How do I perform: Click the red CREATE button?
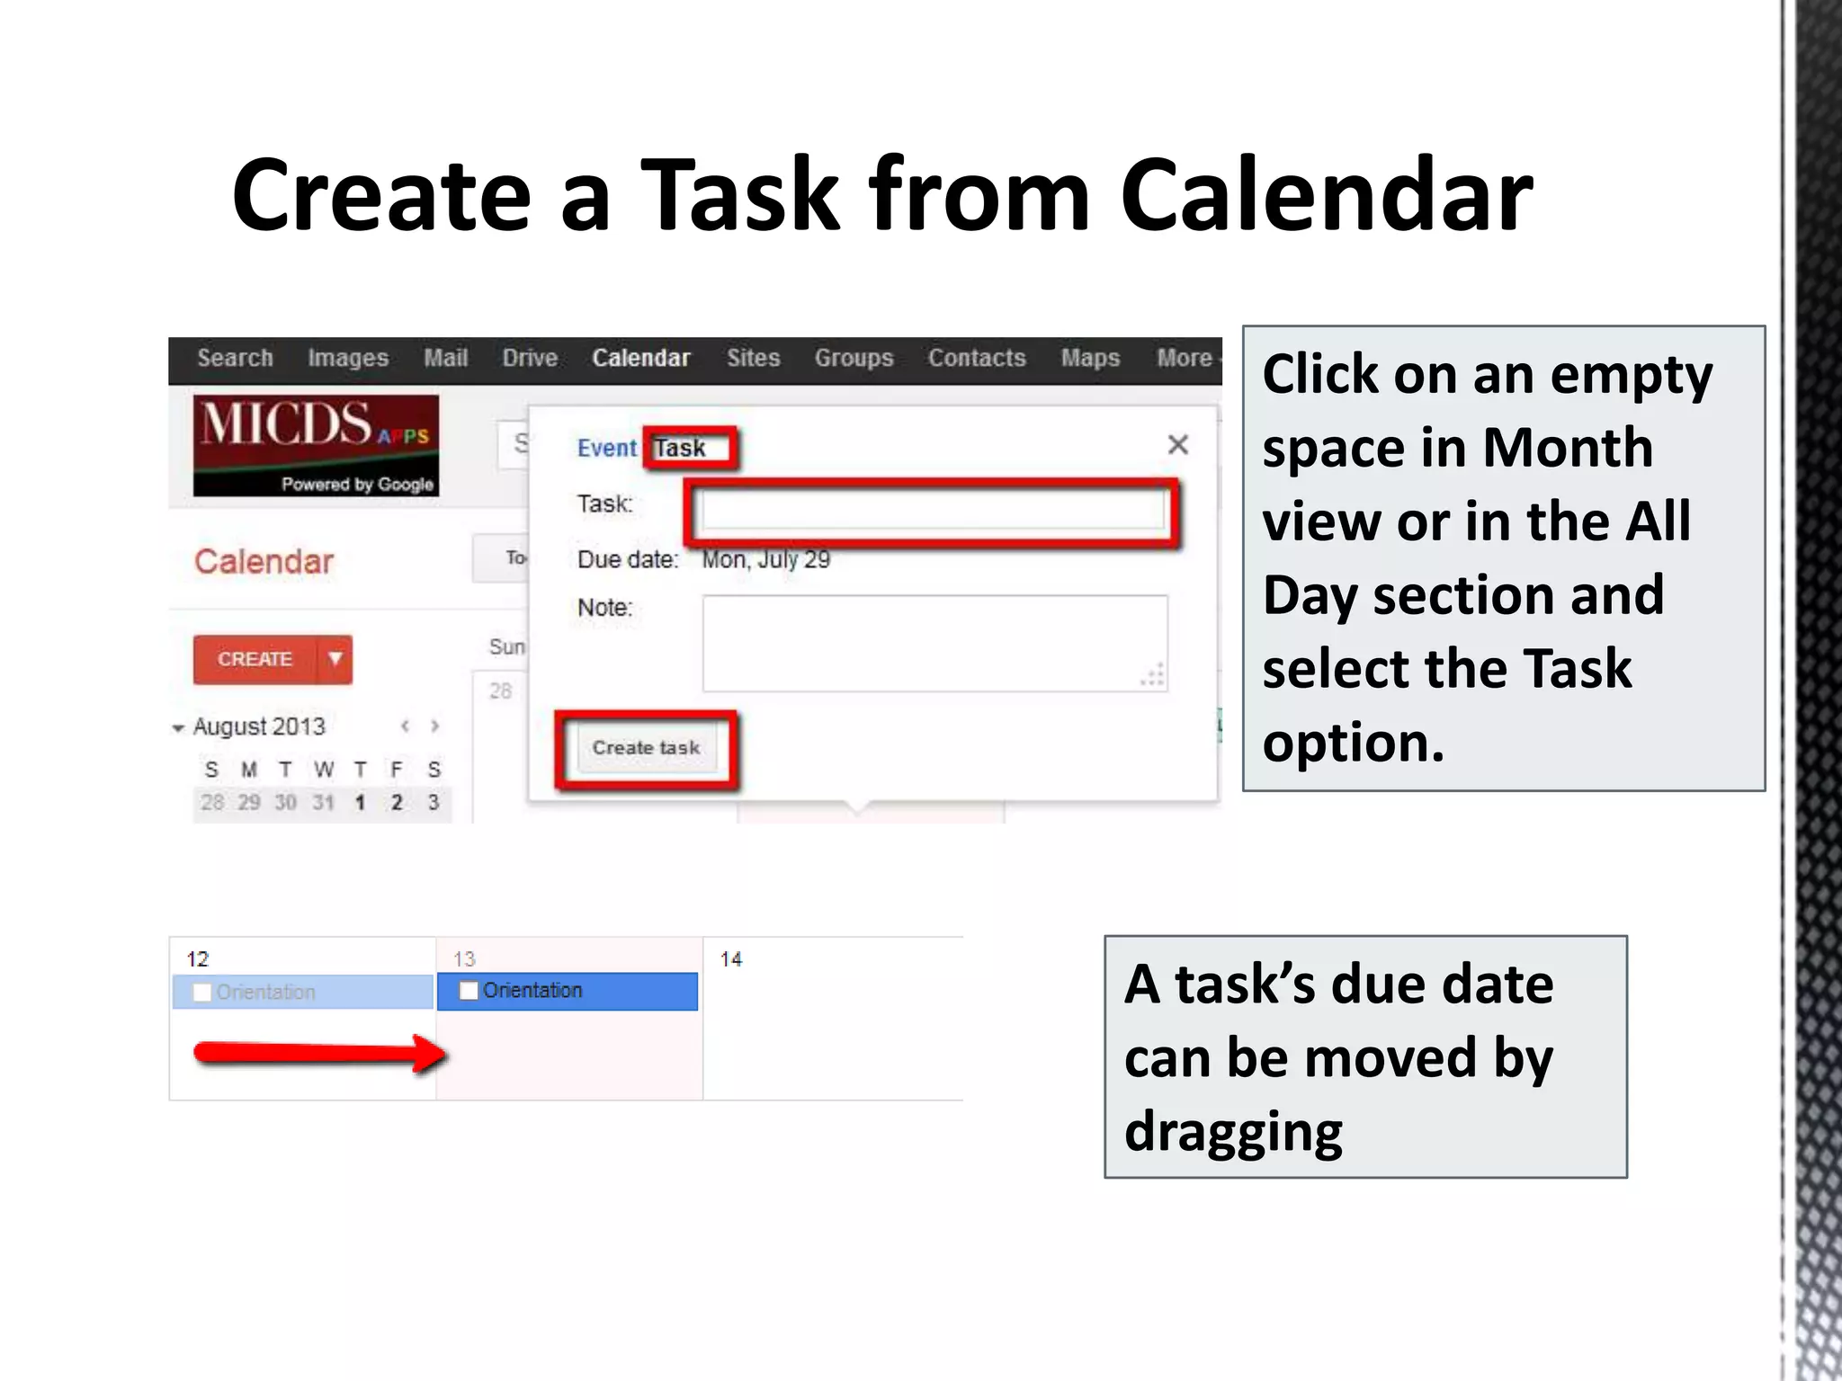tap(255, 659)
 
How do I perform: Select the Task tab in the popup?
tap(681, 448)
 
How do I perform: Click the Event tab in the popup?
tap(606, 448)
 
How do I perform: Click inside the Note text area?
tap(934, 643)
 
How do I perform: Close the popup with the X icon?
tap(1177, 444)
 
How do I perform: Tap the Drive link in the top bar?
tap(530, 358)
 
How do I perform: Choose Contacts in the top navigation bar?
tap(977, 358)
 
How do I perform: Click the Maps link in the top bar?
tap(1090, 358)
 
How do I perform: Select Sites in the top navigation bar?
tap(753, 358)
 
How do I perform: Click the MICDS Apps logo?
tap(316, 445)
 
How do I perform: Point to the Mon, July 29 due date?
tap(766, 559)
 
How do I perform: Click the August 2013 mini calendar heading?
tap(259, 726)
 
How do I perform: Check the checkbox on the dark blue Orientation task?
tap(469, 991)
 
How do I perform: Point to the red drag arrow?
tap(319, 1053)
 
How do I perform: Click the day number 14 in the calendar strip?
tap(731, 959)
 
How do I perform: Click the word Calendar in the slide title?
tap(1326, 195)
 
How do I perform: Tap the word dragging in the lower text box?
tap(1233, 1132)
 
